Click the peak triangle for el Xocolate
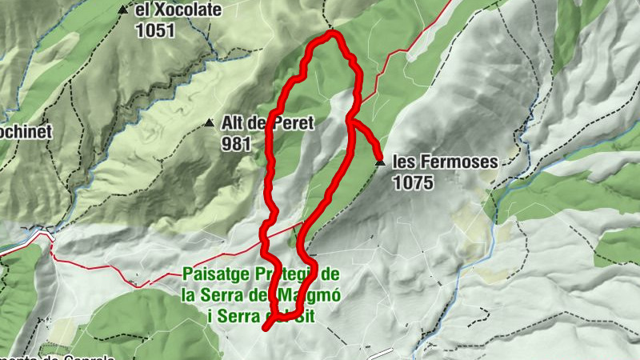[122, 10]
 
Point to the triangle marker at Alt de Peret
[209, 123]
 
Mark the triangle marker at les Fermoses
[379, 162]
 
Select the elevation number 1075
[413, 182]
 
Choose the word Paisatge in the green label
[210, 274]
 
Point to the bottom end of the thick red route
[266, 327]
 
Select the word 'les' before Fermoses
[404, 162]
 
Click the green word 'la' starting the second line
[189, 294]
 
